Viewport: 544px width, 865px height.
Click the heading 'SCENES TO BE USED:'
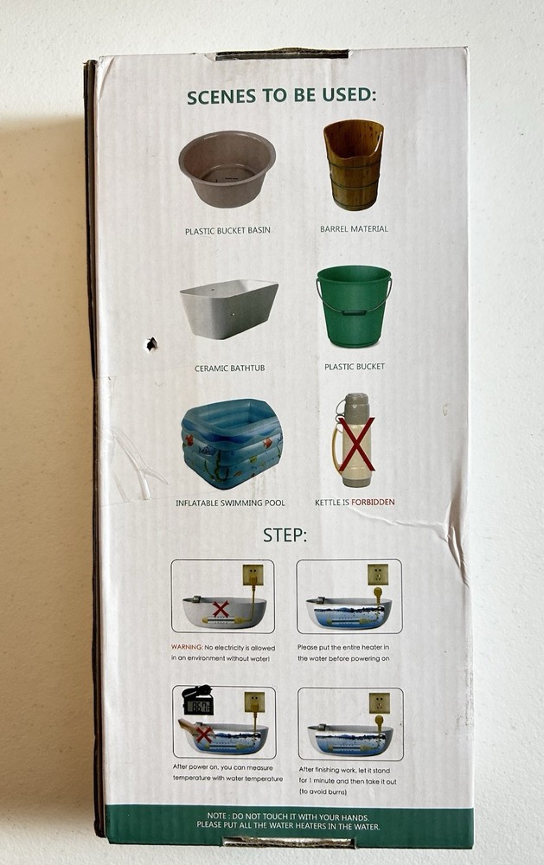coord(281,96)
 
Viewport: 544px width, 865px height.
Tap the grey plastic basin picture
coord(227,169)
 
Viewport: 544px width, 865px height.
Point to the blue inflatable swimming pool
coord(232,444)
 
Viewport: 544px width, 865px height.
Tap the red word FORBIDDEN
coord(373,502)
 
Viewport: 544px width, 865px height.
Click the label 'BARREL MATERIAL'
coord(355,229)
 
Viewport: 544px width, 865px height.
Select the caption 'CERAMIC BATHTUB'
coord(229,368)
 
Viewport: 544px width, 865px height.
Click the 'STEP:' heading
coord(285,535)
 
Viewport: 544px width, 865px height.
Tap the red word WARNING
coord(187,647)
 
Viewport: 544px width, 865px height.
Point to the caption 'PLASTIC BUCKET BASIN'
coord(227,231)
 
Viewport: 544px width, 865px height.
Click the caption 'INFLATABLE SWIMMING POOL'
coord(231,503)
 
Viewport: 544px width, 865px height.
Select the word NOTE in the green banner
coord(217,816)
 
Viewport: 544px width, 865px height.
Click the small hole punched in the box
coord(151,344)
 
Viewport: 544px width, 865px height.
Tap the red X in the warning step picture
coord(221,609)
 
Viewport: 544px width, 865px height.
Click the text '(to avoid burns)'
coord(323,791)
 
